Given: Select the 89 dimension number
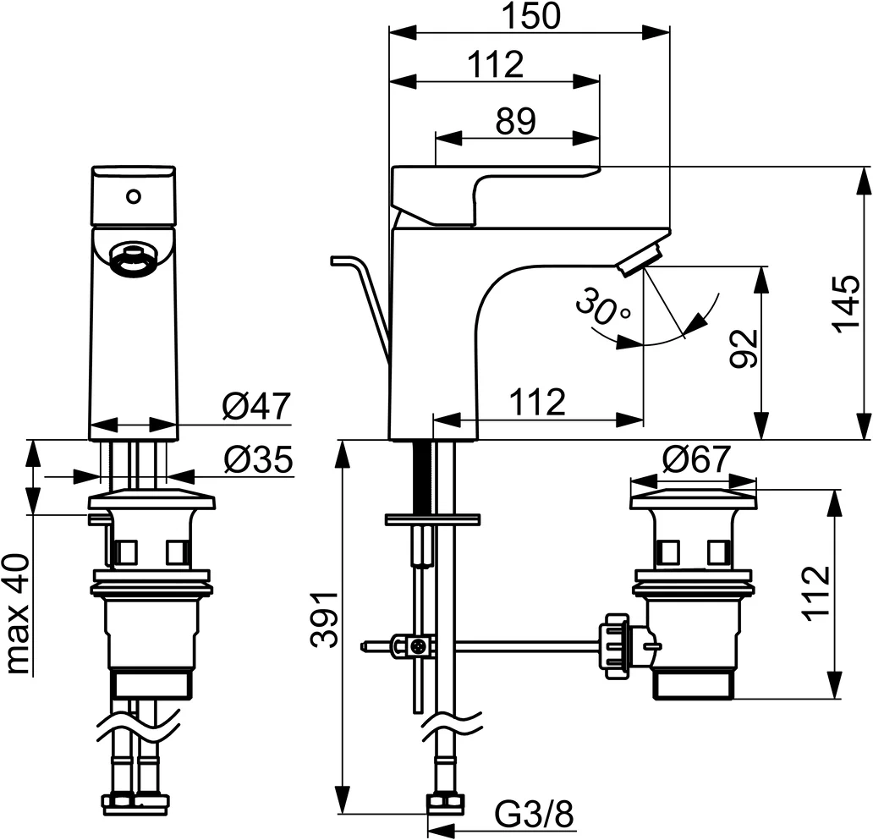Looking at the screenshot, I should (516, 122).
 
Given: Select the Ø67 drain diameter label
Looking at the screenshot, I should (695, 460).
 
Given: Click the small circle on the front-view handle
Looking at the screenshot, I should (132, 196).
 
